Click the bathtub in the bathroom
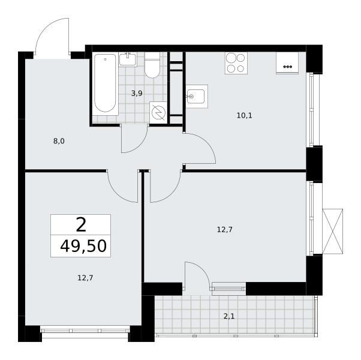[x=105, y=83]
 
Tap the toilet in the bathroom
[x=152, y=65]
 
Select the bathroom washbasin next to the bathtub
[x=128, y=59]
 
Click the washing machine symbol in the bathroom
[x=158, y=113]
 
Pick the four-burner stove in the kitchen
[x=236, y=63]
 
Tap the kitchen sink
[x=197, y=96]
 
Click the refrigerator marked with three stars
[x=287, y=62]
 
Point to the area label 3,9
[x=137, y=94]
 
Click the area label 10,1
[x=245, y=116]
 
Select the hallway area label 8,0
[x=59, y=141]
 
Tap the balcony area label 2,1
[x=229, y=316]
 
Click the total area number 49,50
[x=83, y=246]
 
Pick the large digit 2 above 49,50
[x=81, y=224]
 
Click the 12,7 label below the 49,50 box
[x=85, y=278]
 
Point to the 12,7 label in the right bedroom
[x=225, y=230]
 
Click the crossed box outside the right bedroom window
[x=333, y=232]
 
